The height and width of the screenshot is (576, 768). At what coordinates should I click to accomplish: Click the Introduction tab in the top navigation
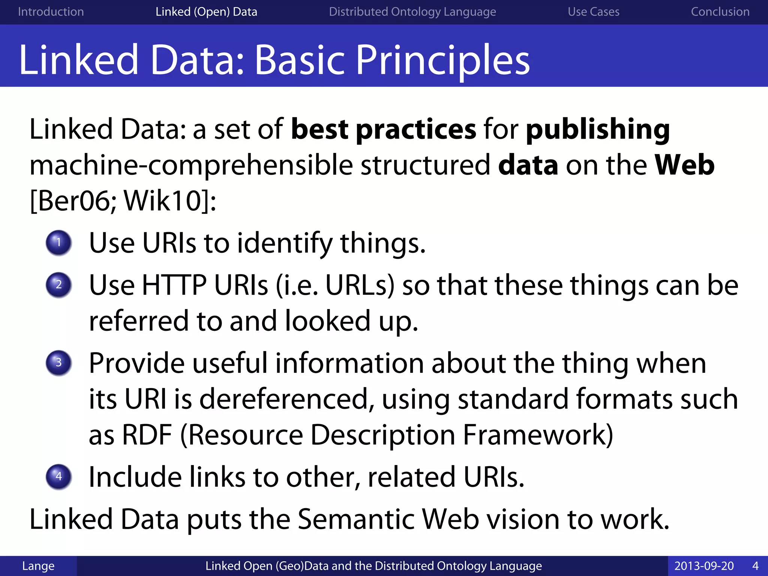coord(51,12)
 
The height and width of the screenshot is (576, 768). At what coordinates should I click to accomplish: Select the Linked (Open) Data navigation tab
coord(206,12)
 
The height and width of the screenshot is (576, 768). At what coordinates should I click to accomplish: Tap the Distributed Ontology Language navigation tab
coord(412,12)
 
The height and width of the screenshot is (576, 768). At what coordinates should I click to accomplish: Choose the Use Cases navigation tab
coord(593,12)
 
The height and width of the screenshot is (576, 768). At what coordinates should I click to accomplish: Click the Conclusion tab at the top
coord(720,12)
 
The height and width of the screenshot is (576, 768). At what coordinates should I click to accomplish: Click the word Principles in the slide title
coord(442,60)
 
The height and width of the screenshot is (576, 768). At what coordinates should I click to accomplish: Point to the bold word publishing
coord(598,129)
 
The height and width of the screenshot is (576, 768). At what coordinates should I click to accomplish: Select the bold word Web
coord(684,165)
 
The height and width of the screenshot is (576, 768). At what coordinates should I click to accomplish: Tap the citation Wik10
coord(163,201)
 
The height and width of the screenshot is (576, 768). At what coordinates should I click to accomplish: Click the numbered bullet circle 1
coord(58,243)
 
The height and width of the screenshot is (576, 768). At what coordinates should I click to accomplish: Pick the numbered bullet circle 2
coord(58,285)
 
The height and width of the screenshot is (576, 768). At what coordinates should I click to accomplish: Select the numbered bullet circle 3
coord(58,363)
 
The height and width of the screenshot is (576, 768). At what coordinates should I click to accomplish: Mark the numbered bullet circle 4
coord(58,477)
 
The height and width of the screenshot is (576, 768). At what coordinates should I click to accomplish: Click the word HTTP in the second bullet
coord(174,285)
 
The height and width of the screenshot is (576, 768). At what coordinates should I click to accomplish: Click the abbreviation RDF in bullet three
coord(147,435)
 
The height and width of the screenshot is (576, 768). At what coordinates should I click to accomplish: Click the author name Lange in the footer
coord(38,566)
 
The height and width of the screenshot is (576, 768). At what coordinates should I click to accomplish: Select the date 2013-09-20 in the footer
coord(704,566)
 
